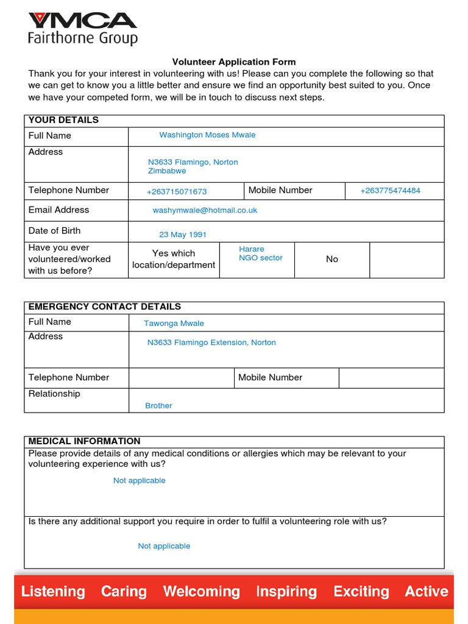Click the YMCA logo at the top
pyautogui.click(x=82, y=28)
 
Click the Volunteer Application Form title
pyautogui.click(x=233, y=62)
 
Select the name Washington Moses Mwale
pyautogui.click(x=207, y=135)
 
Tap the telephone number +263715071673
pyautogui.click(x=177, y=191)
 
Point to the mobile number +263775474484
pyautogui.click(x=390, y=191)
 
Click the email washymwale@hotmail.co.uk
pyautogui.click(x=205, y=210)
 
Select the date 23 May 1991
pyautogui.click(x=183, y=235)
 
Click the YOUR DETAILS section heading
pyautogui.click(x=63, y=120)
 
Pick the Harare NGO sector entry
pyautogui.click(x=260, y=253)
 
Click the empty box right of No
pyautogui.click(x=406, y=260)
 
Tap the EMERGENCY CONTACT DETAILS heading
pyautogui.click(x=104, y=307)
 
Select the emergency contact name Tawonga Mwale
pyautogui.click(x=174, y=324)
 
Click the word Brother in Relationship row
pyautogui.click(x=158, y=406)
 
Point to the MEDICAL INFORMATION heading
pyautogui.click(x=84, y=441)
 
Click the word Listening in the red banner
pyautogui.click(x=53, y=591)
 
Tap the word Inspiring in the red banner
pyautogui.click(x=286, y=591)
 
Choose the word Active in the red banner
pyautogui.click(x=427, y=591)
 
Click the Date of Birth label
pyautogui.click(x=54, y=231)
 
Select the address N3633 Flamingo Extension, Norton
pyautogui.click(x=211, y=343)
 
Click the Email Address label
pyautogui.click(x=58, y=210)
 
